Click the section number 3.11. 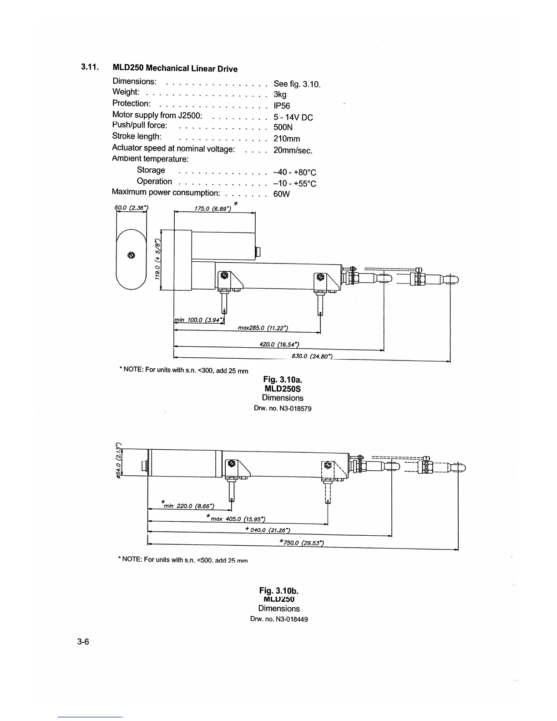[90, 67]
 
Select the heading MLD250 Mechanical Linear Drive [175, 68]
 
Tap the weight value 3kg [280, 95]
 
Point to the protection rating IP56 [282, 106]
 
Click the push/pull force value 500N [283, 128]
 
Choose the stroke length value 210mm [287, 139]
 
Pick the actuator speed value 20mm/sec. [293, 150]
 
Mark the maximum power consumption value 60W [282, 194]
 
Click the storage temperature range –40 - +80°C [294, 173]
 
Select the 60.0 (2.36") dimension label [131, 208]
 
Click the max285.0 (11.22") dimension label [263, 328]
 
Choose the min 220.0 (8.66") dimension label [188, 506]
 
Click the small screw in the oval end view [132, 254]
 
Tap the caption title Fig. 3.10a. [283, 379]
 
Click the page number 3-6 [83, 642]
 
